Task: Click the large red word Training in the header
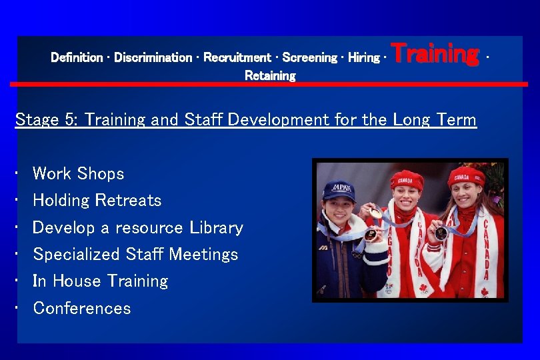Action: pos(435,53)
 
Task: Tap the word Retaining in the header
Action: pos(270,76)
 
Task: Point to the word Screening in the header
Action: pos(309,58)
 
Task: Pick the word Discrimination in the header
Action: pos(153,58)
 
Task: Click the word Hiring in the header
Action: pos(363,58)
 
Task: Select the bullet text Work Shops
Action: pos(78,174)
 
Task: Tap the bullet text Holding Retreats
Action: pos(97,201)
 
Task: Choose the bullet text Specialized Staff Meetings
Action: pos(135,255)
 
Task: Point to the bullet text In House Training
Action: pos(100,281)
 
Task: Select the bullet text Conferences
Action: pos(81,309)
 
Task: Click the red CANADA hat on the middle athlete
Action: pos(407,179)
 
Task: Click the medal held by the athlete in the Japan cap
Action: pos(370,234)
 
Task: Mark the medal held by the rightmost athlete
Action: pos(441,233)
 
